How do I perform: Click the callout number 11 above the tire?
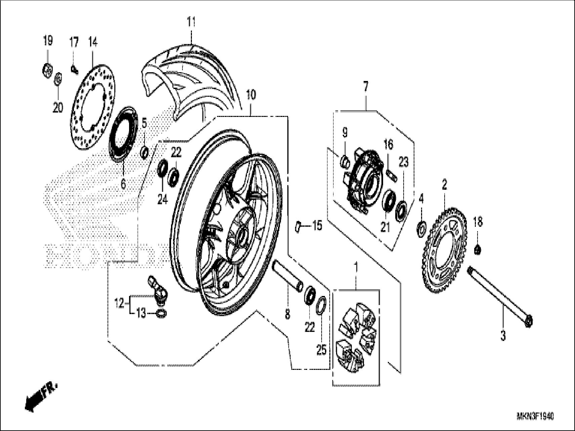(191, 22)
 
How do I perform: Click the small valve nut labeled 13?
(162, 314)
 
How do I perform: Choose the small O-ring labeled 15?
(297, 226)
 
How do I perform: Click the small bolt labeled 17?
(74, 70)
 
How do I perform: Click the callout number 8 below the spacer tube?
(288, 314)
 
